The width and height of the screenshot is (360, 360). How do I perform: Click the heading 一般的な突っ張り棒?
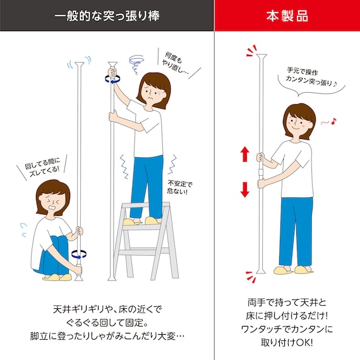coord(107,16)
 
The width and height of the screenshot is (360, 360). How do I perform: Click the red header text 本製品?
coord(287,16)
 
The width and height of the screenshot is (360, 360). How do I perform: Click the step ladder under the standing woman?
coord(146,240)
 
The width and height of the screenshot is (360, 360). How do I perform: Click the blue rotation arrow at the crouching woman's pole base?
coord(80,253)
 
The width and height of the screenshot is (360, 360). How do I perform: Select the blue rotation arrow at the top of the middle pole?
coord(112,78)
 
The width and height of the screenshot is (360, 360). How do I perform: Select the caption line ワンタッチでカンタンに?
coord(287,328)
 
